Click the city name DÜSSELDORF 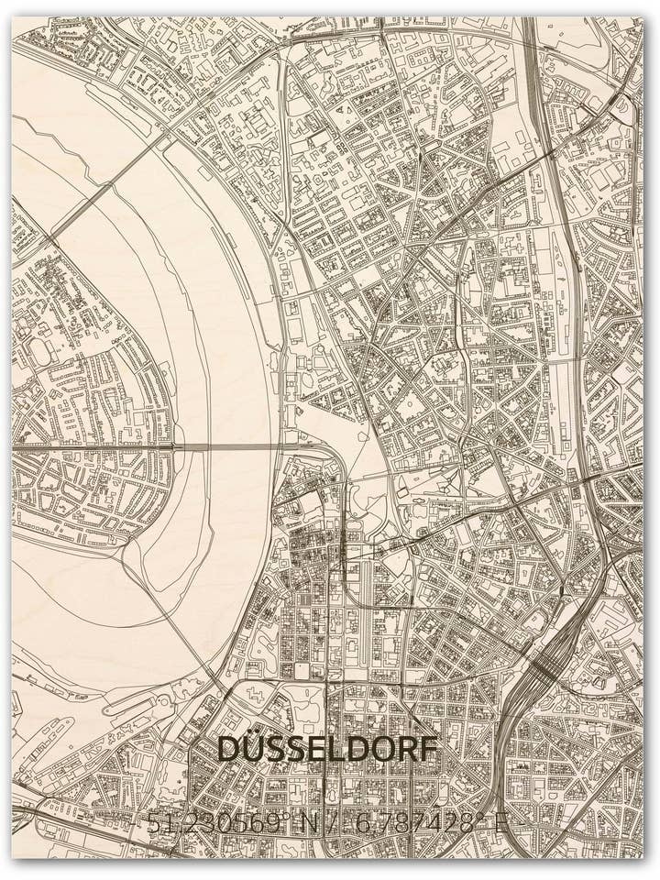point(328,749)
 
